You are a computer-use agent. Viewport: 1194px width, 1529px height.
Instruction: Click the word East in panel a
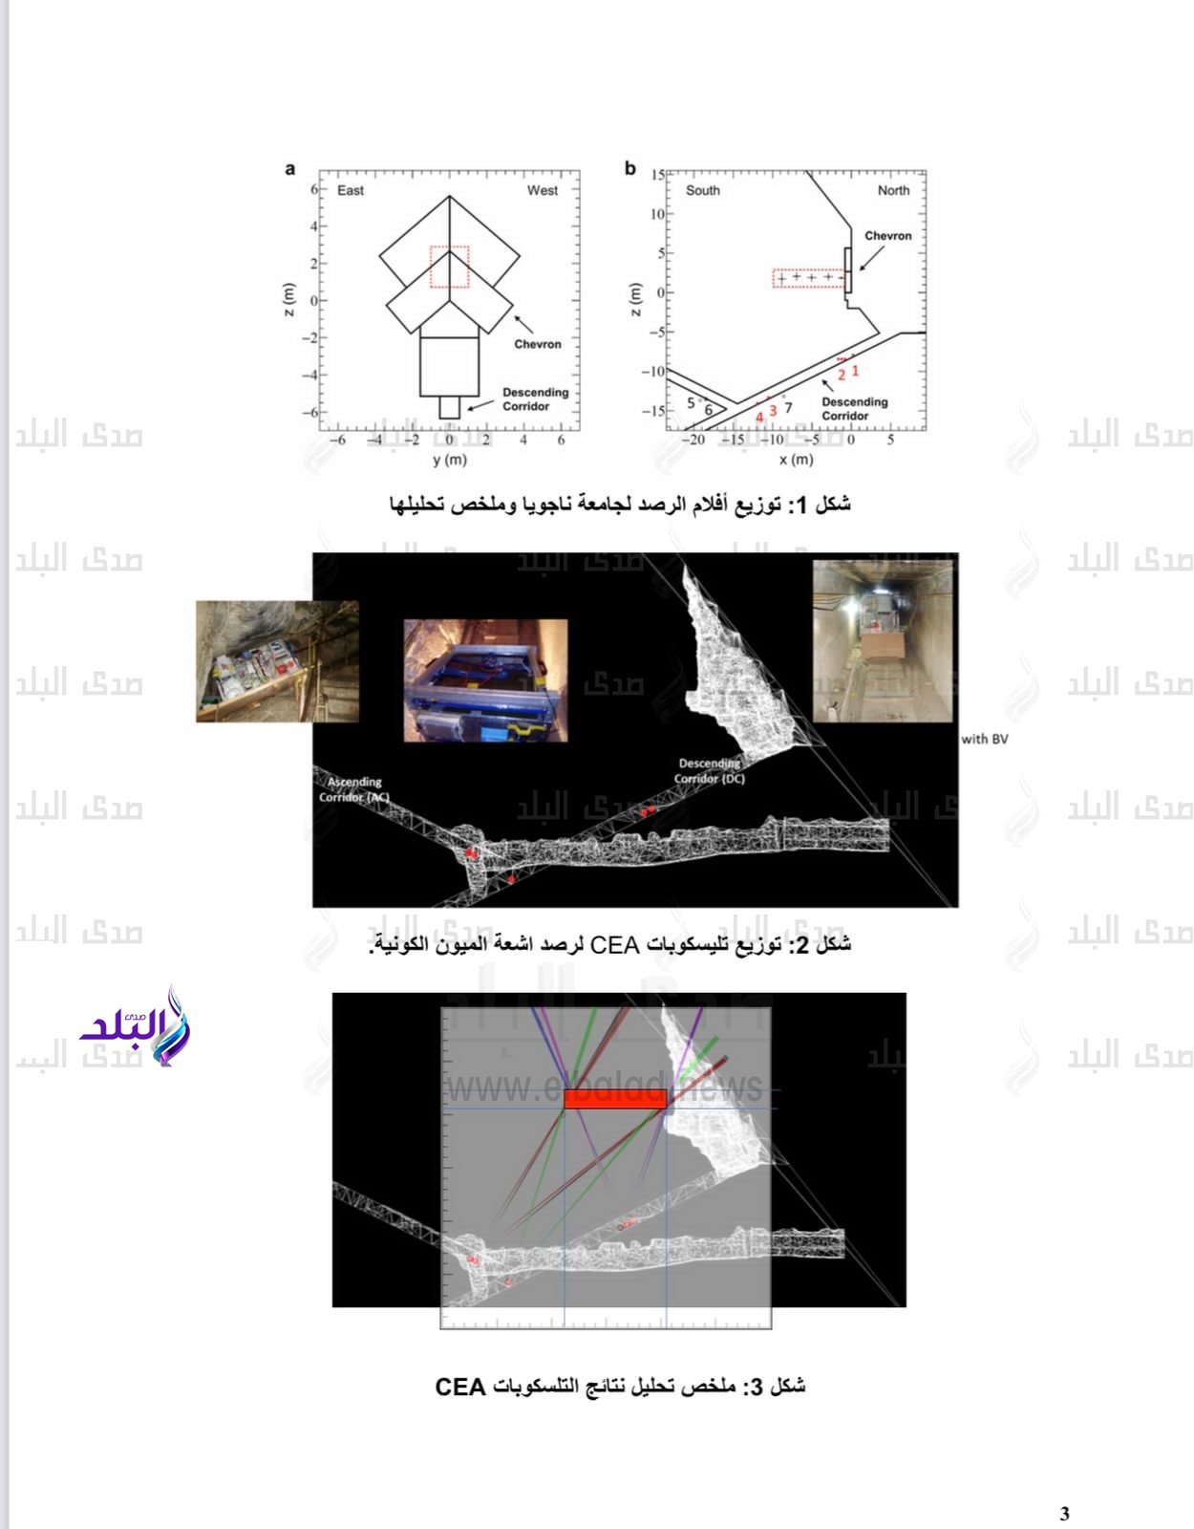click(x=350, y=190)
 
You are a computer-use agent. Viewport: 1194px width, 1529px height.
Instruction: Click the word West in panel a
click(x=542, y=190)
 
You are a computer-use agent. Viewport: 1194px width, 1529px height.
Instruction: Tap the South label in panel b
click(x=702, y=190)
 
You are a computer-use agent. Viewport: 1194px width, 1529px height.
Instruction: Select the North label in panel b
click(x=893, y=190)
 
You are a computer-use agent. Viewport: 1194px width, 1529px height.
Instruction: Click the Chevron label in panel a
click(x=538, y=344)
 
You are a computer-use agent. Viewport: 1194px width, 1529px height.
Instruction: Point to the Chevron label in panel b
click(x=887, y=235)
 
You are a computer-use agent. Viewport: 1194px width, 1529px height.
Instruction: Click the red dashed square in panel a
click(x=449, y=267)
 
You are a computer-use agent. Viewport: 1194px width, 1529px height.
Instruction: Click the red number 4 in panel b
click(x=759, y=417)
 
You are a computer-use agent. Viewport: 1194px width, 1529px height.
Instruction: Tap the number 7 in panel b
click(x=788, y=408)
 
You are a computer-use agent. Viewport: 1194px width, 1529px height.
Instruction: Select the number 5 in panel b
click(x=691, y=403)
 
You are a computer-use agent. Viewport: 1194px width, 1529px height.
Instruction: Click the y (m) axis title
click(x=449, y=460)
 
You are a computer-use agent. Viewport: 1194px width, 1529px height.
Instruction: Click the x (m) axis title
click(x=796, y=460)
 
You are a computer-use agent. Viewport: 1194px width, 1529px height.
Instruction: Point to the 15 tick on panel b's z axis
click(x=658, y=175)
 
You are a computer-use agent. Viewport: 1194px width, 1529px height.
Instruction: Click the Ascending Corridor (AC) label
click(x=353, y=789)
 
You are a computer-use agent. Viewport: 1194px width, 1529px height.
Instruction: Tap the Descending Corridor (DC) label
click(x=709, y=771)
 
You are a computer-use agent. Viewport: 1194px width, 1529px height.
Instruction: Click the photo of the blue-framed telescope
click(x=485, y=680)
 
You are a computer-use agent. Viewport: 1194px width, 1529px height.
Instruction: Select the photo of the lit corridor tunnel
click(x=883, y=641)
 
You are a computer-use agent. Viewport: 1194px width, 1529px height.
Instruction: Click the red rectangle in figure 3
click(x=614, y=1098)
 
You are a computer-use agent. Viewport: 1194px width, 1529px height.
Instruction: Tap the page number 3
click(x=1065, y=1513)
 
